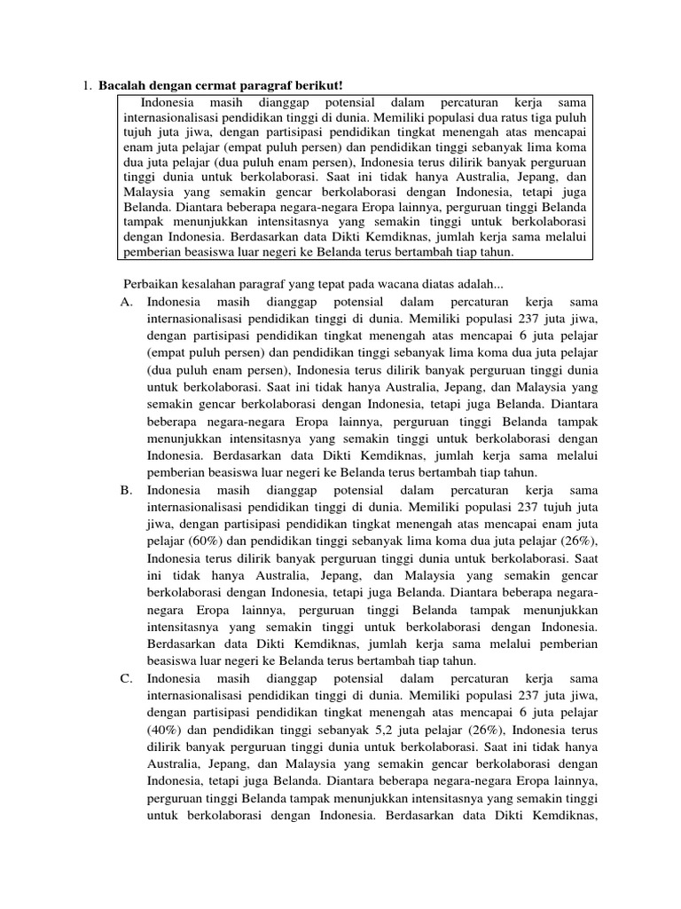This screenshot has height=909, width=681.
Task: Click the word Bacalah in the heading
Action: click(x=121, y=85)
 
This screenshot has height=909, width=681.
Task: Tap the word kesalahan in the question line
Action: click(x=209, y=283)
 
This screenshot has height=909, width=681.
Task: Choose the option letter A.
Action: click(x=125, y=302)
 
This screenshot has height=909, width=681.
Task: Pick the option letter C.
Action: click(x=125, y=679)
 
